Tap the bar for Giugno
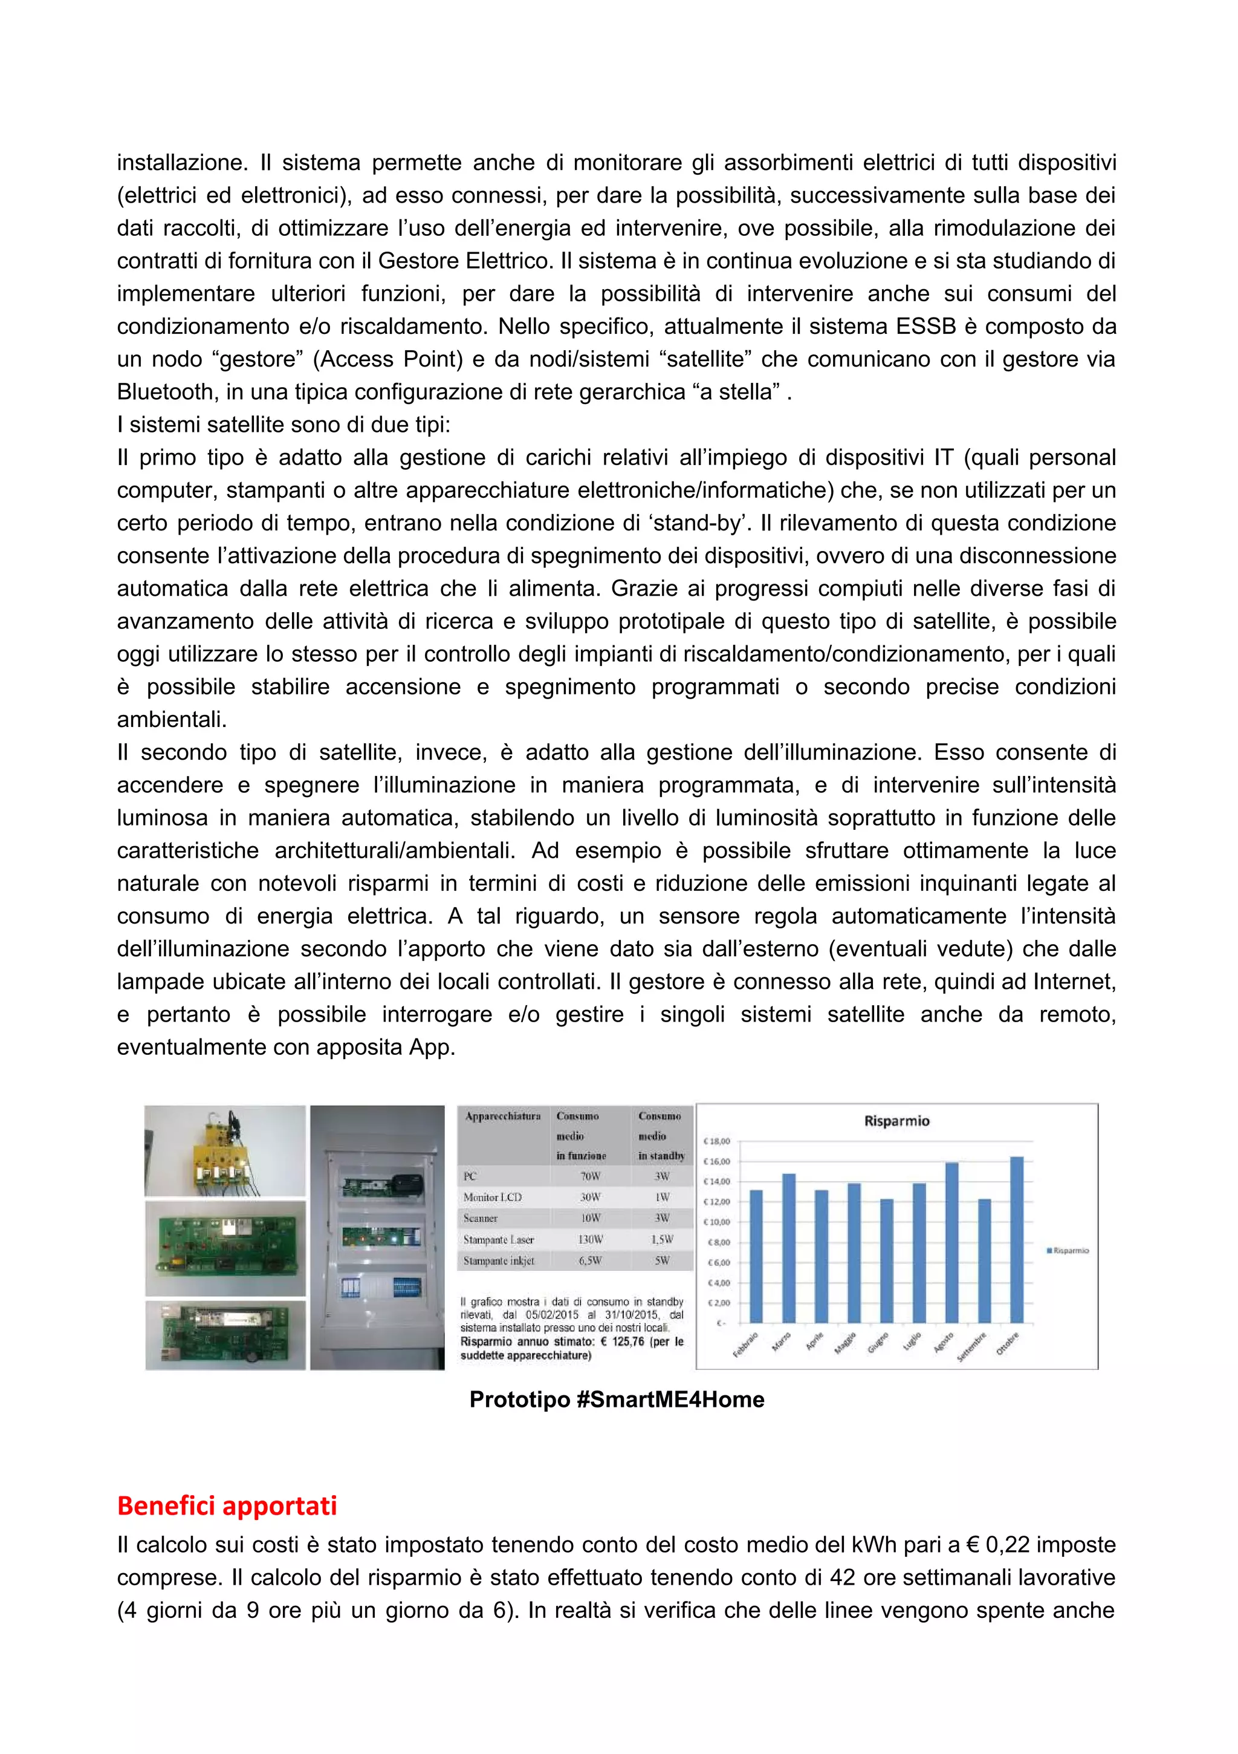(887, 1260)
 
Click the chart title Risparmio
(896, 1121)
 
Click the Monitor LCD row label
(492, 1197)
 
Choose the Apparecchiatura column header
(502, 1116)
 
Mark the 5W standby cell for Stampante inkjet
(661, 1260)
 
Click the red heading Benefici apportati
(227, 1504)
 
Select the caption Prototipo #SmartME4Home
(617, 1399)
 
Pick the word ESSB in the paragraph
(928, 326)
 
